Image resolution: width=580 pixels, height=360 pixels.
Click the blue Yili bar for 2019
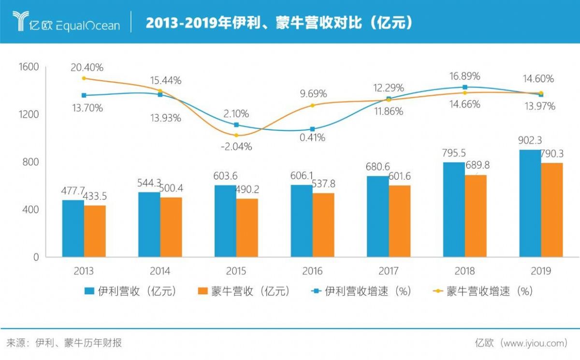point(530,203)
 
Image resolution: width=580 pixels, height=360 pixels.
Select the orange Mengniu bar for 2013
point(95,231)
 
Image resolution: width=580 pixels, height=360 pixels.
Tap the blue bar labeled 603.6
point(225,220)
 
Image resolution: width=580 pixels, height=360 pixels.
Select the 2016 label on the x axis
point(312,271)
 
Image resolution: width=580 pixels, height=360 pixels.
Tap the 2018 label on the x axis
point(464,271)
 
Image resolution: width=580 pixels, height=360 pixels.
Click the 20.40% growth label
point(87,68)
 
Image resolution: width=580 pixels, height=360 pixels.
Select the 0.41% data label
point(312,138)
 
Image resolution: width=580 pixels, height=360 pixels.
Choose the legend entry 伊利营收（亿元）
point(130,291)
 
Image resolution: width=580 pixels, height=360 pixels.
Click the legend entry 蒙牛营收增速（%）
point(483,291)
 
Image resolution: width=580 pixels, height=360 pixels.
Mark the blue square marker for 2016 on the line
point(313,129)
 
